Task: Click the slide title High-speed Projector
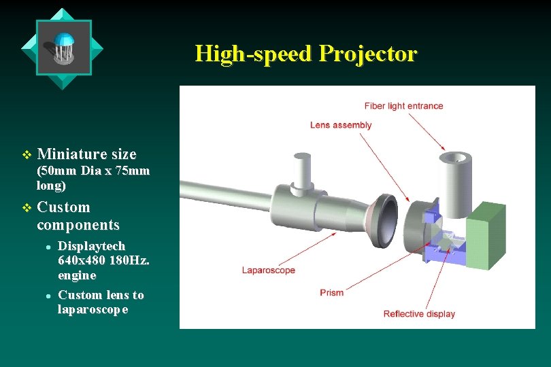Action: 305,53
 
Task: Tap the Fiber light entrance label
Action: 403,106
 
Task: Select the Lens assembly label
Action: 341,125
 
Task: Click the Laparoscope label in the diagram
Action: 269,270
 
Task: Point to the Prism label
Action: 332,292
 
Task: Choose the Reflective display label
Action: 419,313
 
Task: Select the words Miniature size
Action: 86,154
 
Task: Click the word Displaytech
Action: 91,245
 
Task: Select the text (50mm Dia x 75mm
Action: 93,171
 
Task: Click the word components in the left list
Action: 78,224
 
